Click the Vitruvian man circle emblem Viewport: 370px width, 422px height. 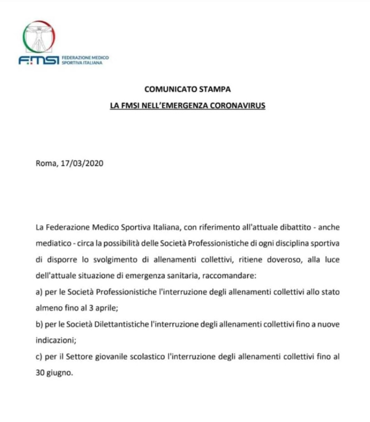pos(39,38)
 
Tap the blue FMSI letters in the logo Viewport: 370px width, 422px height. pos(38,61)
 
